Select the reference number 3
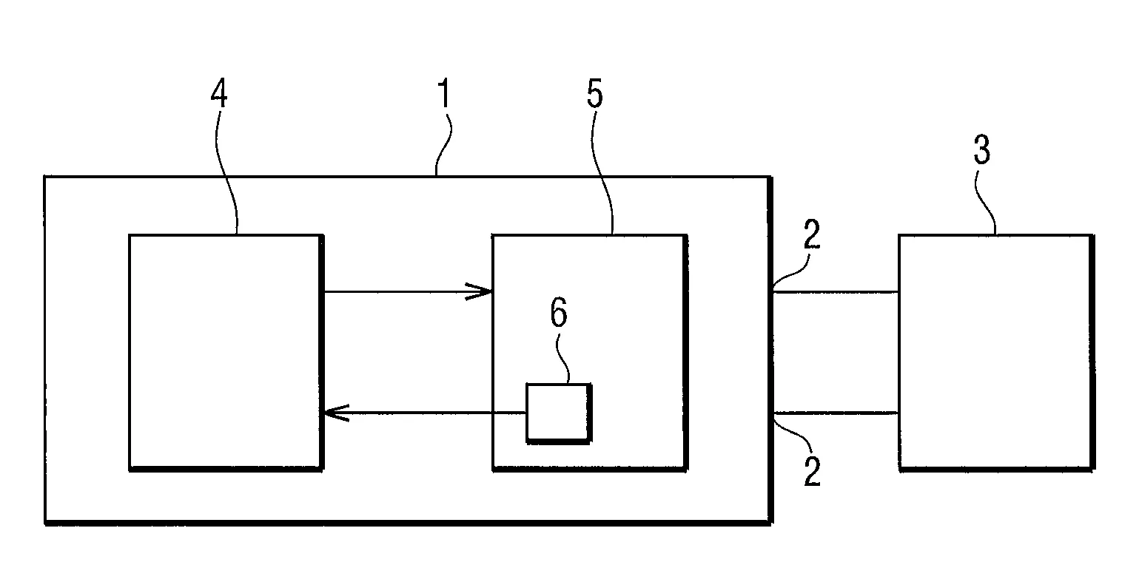point(981,149)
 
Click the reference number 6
point(559,313)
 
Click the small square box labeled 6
point(558,413)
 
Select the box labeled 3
point(995,351)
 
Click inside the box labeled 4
point(225,351)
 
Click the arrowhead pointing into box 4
point(335,413)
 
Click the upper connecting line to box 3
point(835,291)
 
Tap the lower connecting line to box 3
point(835,413)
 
